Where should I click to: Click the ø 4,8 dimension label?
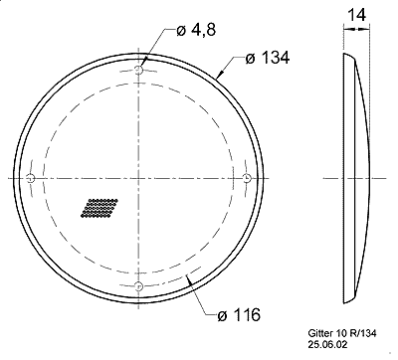196,31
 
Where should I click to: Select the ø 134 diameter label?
268,58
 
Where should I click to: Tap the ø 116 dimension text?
239,314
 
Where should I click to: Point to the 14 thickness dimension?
356,15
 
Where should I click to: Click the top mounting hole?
138,70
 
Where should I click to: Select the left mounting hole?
30,178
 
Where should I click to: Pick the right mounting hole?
248,178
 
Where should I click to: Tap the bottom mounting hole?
138,285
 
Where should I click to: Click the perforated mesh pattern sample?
99,208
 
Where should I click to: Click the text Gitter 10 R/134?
342,333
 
